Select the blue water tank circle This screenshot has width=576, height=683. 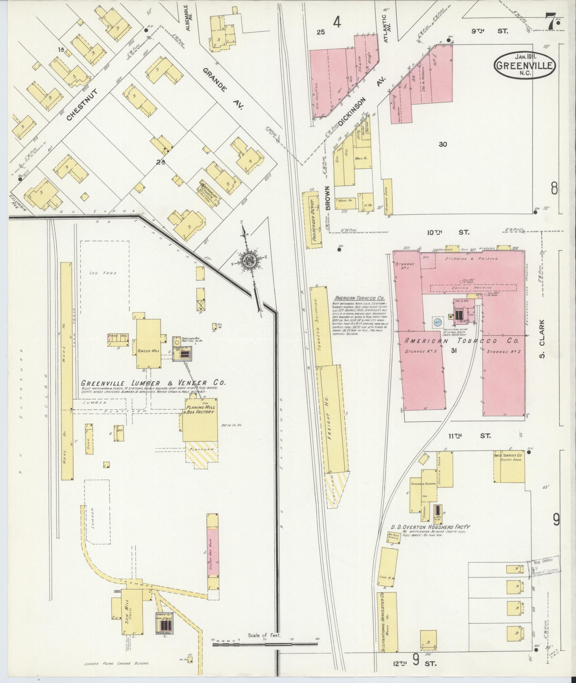(437, 322)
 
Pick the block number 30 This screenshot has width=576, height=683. (443, 144)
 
